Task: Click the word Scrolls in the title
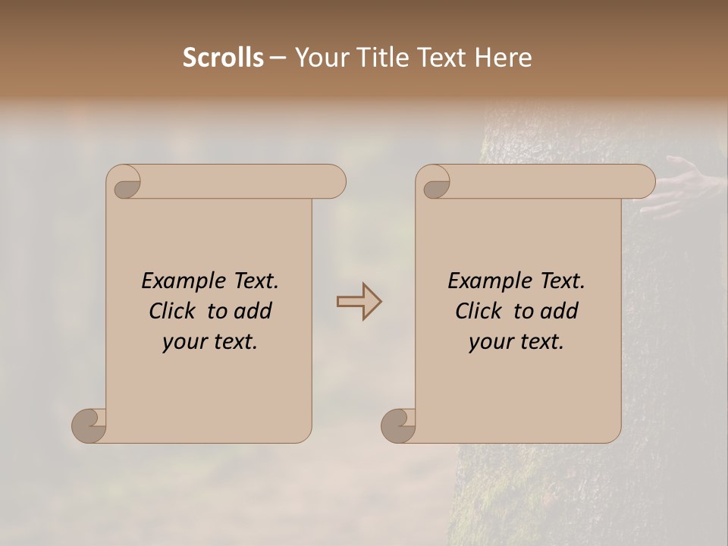point(224,58)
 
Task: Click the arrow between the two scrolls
point(359,302)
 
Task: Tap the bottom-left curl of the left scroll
point(89,425)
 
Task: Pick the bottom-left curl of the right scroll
point(399,425)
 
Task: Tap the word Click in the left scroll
point(174,311)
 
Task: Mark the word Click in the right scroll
point(481,311)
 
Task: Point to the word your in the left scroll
point(184,342)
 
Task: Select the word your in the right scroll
point(491,342)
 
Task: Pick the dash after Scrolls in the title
point(278,58)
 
